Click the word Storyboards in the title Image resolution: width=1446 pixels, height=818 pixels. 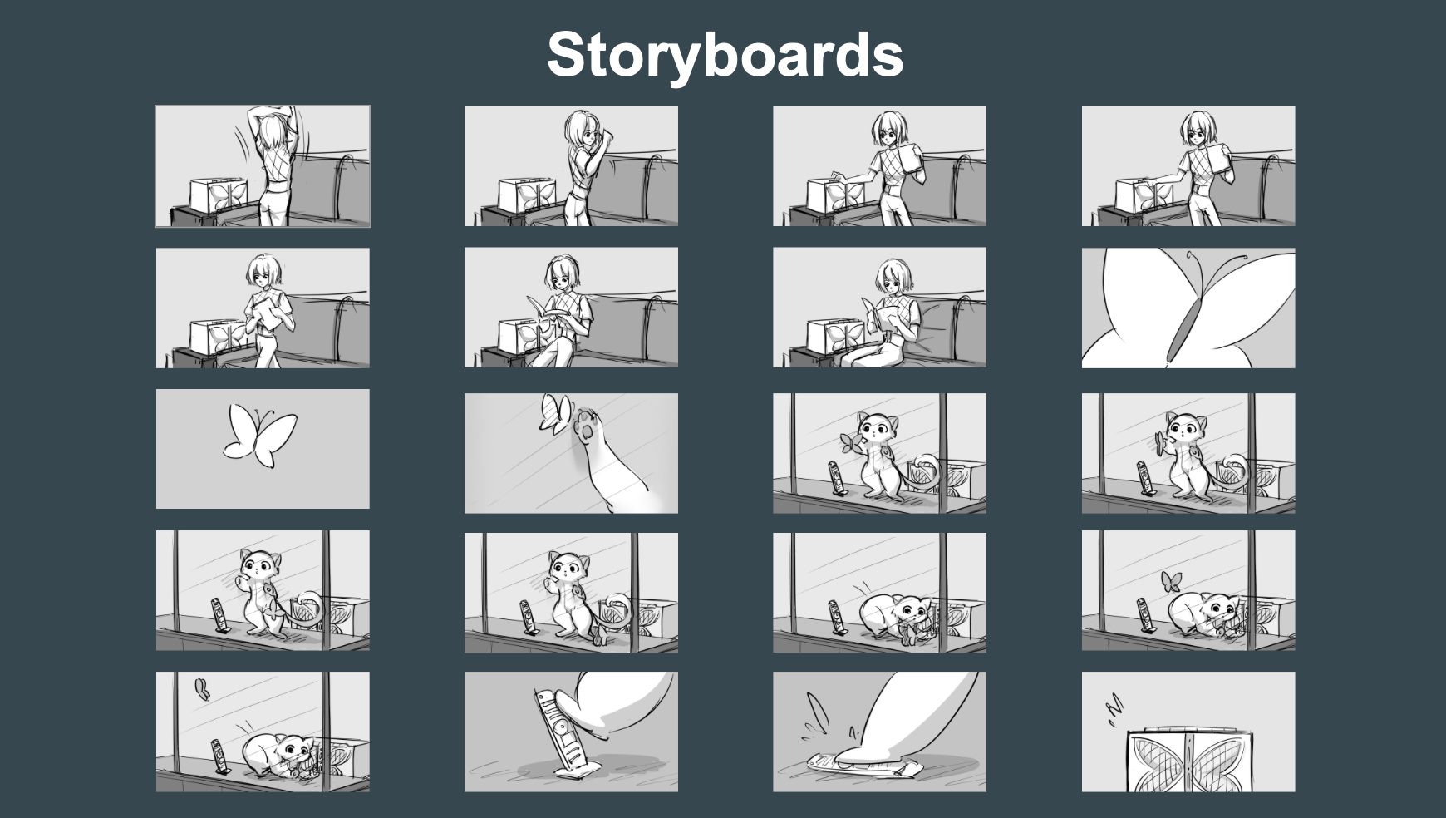coord(725,54)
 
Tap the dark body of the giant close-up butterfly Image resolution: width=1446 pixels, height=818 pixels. coord(1184,328)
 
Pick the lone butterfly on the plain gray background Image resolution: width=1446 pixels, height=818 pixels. coord(259,431)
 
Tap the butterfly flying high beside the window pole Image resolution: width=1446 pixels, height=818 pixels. coord(200,687)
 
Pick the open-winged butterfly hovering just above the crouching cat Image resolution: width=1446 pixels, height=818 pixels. coord(1171,581)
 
